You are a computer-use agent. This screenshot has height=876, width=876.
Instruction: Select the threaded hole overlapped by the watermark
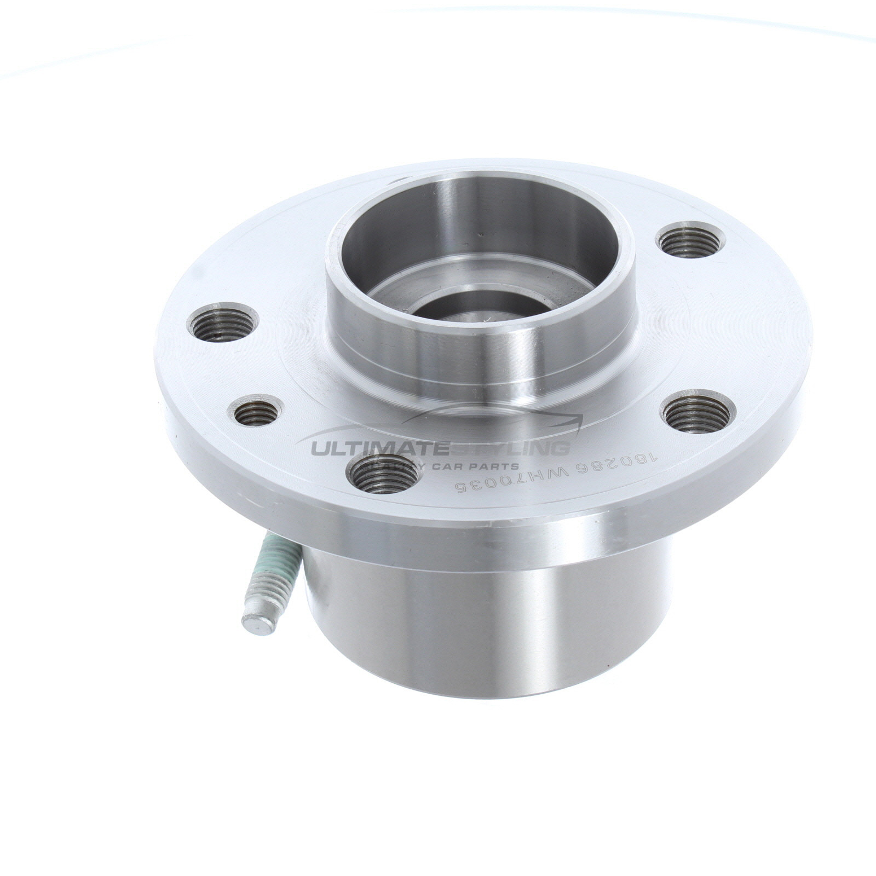coord(383,474)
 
